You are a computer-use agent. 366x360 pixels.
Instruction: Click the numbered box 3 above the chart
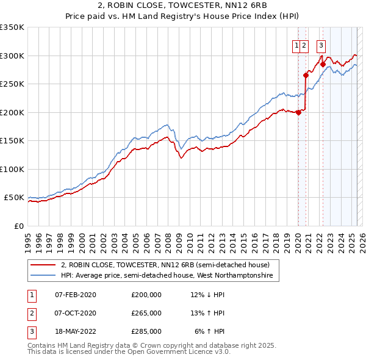321,44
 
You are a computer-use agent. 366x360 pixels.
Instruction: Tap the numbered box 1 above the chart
296,44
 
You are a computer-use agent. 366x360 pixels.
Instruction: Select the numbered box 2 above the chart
304,44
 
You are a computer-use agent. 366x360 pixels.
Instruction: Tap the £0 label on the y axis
19,226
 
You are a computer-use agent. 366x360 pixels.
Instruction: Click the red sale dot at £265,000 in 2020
306,76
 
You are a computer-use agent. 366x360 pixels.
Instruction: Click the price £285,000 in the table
146,331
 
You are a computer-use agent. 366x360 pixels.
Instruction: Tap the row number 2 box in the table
31,313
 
